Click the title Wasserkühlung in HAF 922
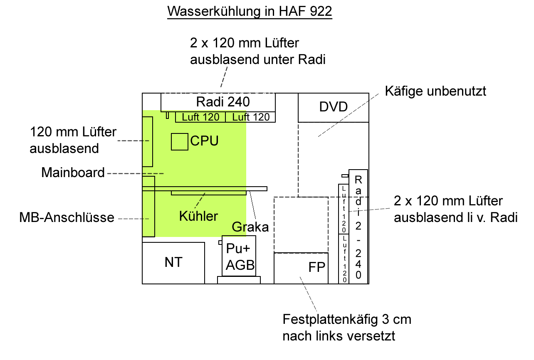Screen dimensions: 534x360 pyautogui.click(x=250, y=11)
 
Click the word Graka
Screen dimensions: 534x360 pyautogui.click(x=250, y=227)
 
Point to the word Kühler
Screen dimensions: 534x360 pyautogui.click(x=198, y=216)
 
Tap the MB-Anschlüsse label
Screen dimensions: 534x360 pyautogui.click(x=67, y=217)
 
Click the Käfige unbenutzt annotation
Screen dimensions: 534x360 pyautogui.click(x=435, y=91)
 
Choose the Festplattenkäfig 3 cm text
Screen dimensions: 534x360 pyautogui.click(x=347, y=319)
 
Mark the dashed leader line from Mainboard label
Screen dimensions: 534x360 pyautogui.click(x=136, y=173)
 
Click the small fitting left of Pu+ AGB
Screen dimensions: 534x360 pyautogui.click(x=220, y=242)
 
